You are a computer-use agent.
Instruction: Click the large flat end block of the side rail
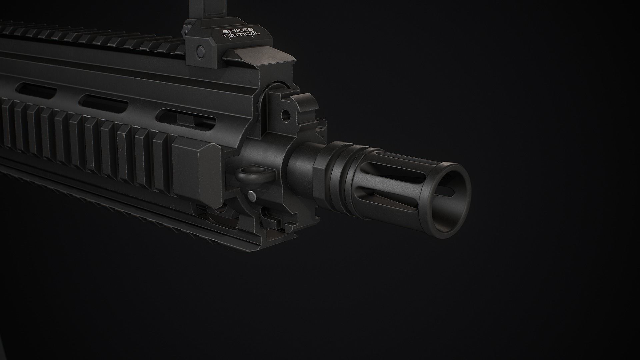(x=197, y=167)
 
